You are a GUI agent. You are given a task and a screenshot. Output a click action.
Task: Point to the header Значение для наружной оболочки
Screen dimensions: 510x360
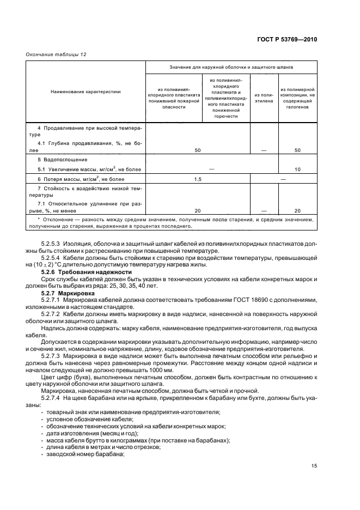click(x=231, y=68)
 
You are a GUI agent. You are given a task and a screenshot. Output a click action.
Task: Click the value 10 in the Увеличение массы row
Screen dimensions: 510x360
click(x=297, y=169)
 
